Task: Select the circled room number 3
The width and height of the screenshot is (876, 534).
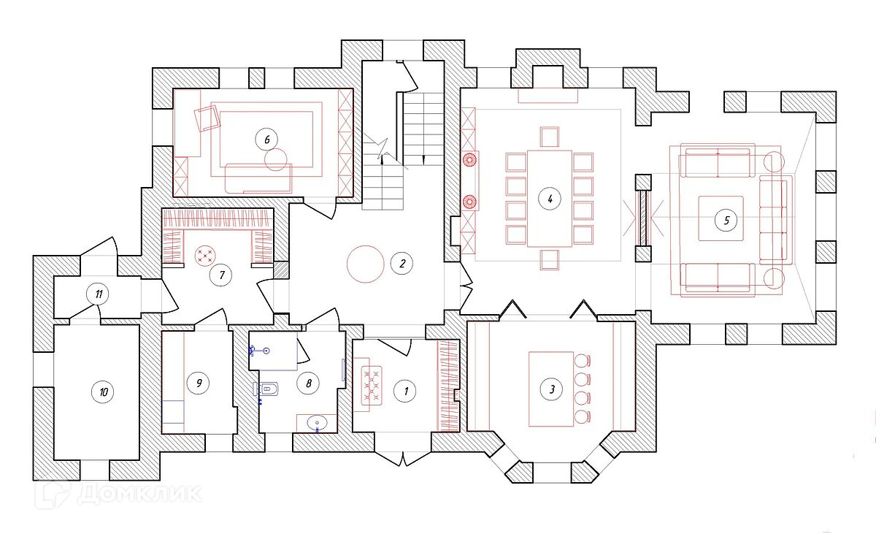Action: coord(553,389)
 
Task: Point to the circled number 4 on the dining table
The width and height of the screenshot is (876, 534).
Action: coord(550,198)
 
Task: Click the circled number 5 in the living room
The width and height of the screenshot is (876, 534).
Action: coord(725,218)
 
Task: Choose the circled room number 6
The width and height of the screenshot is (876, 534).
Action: coord(266,138)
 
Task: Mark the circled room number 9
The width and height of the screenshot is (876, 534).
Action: coord(197,381)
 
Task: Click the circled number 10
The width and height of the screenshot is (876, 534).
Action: coord(103,392)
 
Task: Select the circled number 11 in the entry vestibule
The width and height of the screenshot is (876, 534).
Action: coord(98,294)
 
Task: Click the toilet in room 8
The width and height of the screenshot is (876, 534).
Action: coord(266,389)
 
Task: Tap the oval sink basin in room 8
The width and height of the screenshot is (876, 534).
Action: coord(317,422)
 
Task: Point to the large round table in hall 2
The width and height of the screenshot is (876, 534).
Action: coord(365,264)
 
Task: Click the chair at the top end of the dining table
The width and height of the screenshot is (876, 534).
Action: coord(550,137)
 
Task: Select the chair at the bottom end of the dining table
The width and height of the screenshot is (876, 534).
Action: coord(550,259)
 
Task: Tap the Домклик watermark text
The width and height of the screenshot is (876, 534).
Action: coord(139,494)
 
